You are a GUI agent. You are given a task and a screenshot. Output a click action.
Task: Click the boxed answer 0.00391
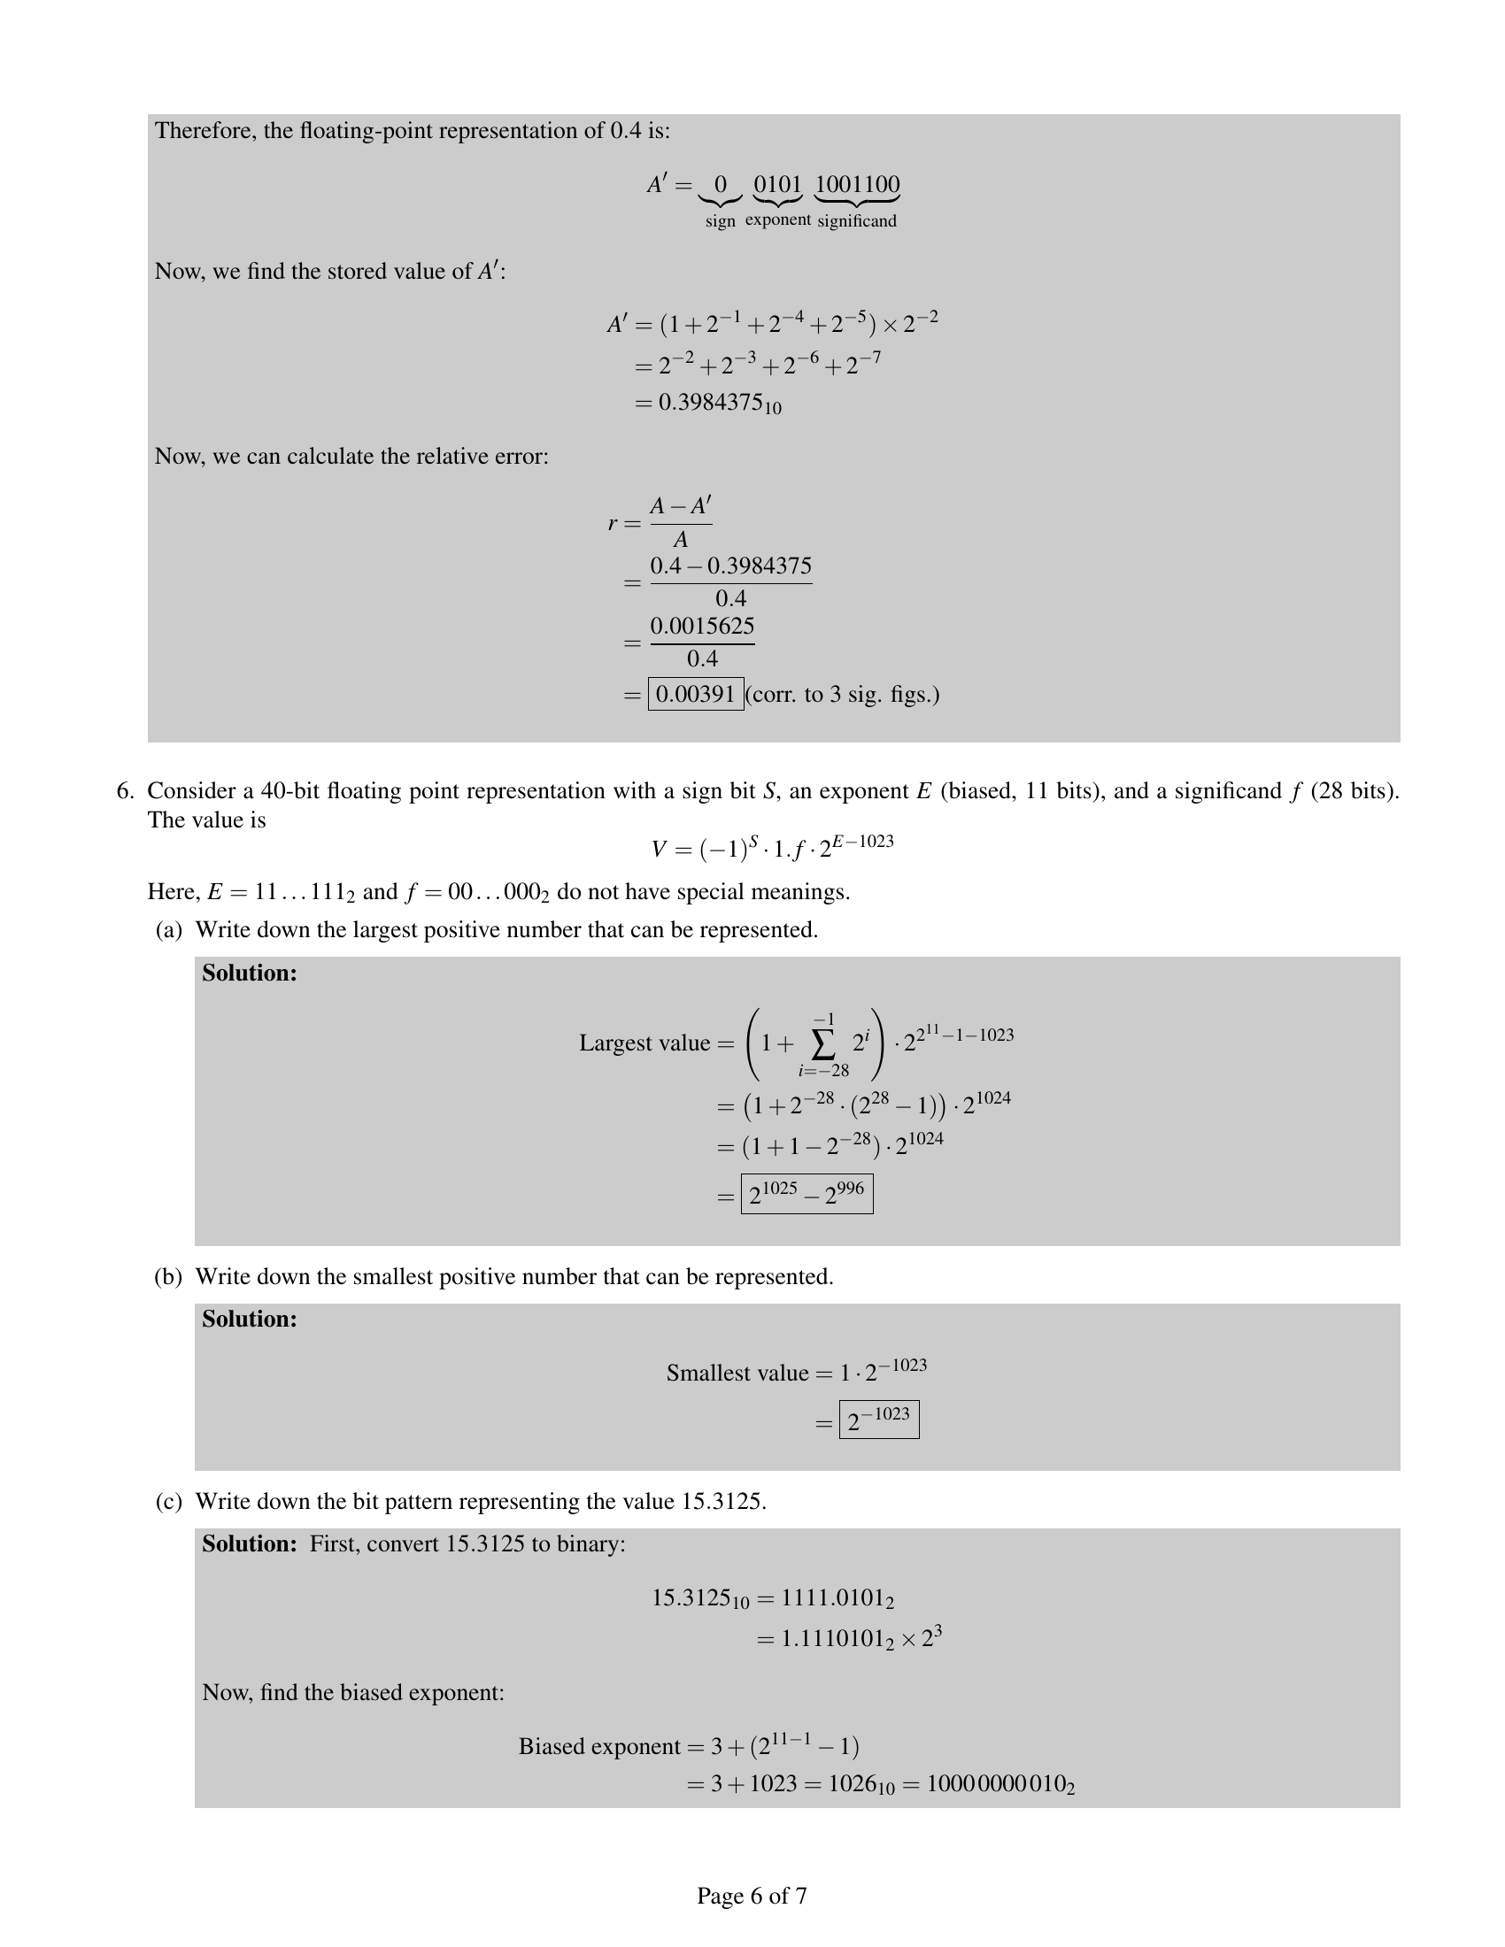(x=696, y=694)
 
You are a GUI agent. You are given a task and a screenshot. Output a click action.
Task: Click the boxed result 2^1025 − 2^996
(x=806, y=1195)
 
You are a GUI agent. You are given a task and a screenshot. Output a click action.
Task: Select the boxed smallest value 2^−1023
(x=878, y=1420)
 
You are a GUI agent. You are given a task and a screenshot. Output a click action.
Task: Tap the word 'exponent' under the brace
(x=777, y=219)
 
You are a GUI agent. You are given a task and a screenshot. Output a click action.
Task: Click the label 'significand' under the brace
(x=857, y=220)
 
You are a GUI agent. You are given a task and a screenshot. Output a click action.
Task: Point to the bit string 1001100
(x=857, y=185)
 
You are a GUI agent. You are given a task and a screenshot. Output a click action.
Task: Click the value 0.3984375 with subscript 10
(x=720, y=403)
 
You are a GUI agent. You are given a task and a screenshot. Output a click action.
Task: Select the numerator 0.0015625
(x=702, y=626)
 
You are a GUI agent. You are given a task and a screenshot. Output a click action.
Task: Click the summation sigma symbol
(x=823, y=1044)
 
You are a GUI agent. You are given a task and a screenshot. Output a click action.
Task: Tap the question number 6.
(x=124, y=790)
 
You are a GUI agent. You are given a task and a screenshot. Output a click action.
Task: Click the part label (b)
(x=168, y=1276)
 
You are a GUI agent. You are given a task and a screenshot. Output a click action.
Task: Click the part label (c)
(x=168, y=1501)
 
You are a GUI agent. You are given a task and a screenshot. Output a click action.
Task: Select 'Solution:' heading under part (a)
(x=249, y=973)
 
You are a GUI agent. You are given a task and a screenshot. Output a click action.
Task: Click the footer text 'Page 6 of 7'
(x=752, y=1896)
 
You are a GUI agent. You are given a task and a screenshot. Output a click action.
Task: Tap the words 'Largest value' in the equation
(x=644, y=1043)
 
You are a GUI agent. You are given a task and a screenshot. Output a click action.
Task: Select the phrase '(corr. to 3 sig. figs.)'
(x=843, y=694)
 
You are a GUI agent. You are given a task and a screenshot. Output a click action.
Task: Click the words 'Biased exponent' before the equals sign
(x=599, y=1745)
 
